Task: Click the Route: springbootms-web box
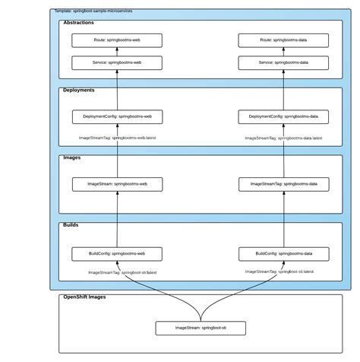tap(117, 40)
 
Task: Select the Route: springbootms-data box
tap(283, 40)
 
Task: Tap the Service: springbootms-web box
tap(117, 62)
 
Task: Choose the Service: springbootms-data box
tap(283, 62)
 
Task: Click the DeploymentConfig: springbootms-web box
tap(117, 116)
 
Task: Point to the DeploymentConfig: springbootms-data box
tap(283, 116)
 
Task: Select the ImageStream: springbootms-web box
tap(117, 183)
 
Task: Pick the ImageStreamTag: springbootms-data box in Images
tap(283, 183)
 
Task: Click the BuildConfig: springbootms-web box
tap(117, 253)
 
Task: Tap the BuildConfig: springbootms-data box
tap(283, 253)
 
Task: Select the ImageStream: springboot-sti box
tap(201, 328)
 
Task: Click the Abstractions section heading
tap(79, 24)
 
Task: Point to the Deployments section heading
tap(79, 90)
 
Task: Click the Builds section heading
tap(71, 225)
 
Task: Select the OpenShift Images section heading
tap(84, 297)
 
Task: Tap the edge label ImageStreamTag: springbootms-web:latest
tap(117, 138)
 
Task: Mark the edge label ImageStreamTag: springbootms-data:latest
tap(283, 138)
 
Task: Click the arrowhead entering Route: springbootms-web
tap(117, 50)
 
